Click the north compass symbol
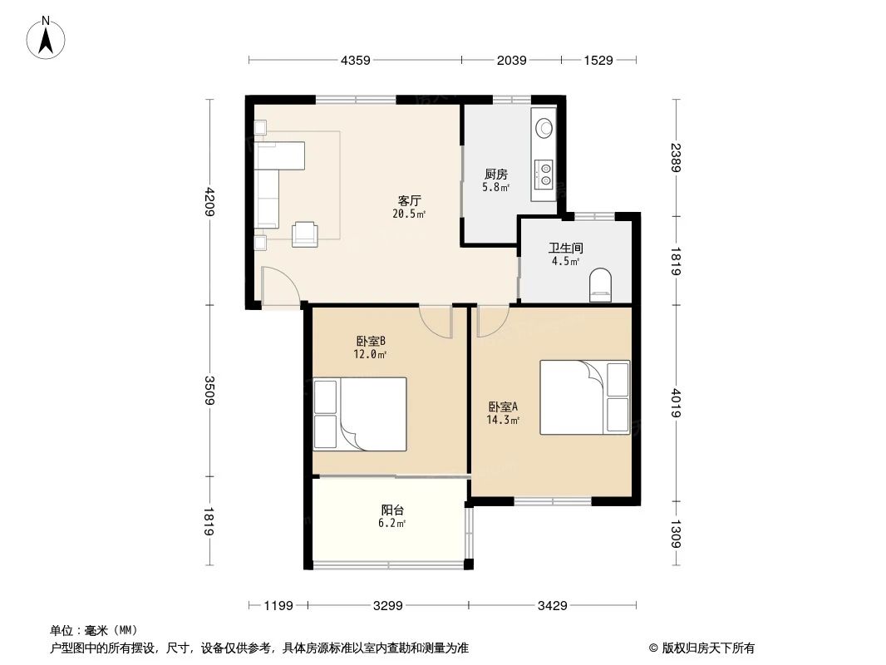click(x=48, y=37)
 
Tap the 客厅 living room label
click(x=409, y=201)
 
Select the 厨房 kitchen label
click(x=496, y=175)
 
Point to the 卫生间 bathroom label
click(x=564, y=248)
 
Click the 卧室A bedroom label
click(x=503, y=407)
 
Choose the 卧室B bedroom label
click(x=370, y=341)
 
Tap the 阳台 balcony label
click(x=392, y=510)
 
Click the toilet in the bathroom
click(x=599, y=285)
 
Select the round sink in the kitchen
click(x=545, y=128)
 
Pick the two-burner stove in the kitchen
click(x=546, y=172)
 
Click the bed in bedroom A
click(x=584, y=397)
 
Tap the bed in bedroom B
click(x=359, y=414)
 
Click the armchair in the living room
click(x=304, y=234)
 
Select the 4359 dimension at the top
click(x=355, y=60)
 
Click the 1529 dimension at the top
click(x=598, y=60)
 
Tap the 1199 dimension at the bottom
click(x=278, y=606)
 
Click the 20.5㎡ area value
click(x=409, y=214)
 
